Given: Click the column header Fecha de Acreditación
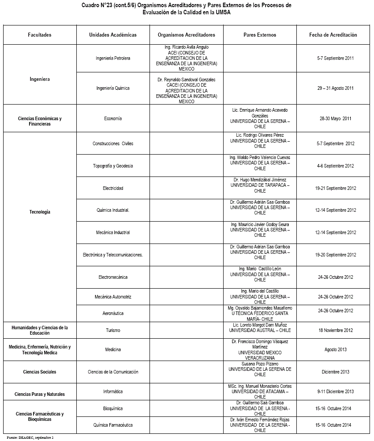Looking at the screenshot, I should pos(333,35).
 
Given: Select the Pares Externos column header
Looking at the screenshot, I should pos(260,35).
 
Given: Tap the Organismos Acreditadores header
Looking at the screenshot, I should pos(186,35).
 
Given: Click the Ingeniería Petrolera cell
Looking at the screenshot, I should pos(113,58).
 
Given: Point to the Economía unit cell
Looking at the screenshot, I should pos(113,118).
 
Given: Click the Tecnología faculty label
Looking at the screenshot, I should pos(40,212).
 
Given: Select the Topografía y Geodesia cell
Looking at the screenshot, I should pos(113,166).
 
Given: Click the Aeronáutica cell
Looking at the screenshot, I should pos(113,314).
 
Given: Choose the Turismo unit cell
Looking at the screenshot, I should pos(113,330).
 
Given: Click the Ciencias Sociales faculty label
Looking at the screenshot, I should pos(40,372).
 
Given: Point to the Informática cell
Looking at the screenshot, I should pos(113,391).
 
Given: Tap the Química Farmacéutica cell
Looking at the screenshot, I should pos(113,425).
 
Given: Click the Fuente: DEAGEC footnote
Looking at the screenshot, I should pos(30,437).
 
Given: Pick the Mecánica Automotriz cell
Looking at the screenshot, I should pos(113,297).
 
